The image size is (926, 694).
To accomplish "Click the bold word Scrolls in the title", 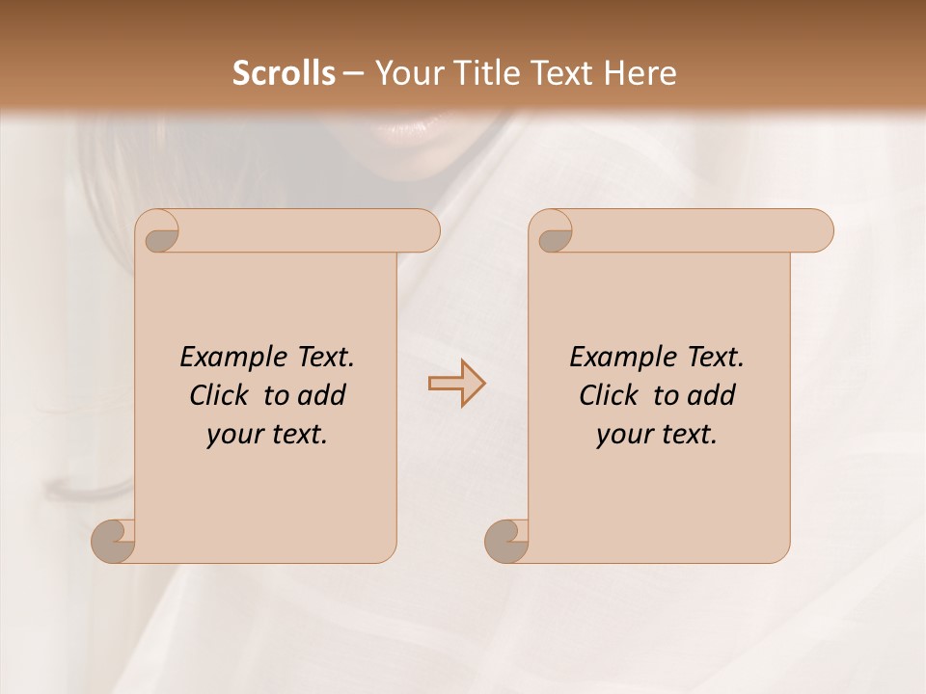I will click(x=285, y=73).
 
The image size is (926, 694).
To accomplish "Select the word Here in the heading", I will click(x=640, y=73).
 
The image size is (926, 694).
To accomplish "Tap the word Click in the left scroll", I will click(x=221, y=395).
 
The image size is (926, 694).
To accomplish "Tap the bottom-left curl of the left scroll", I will click(x=114, y=542).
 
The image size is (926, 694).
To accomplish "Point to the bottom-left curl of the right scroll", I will click(x=506, y=542).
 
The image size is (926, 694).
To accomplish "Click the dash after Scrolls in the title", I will click(x=354, y=73).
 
